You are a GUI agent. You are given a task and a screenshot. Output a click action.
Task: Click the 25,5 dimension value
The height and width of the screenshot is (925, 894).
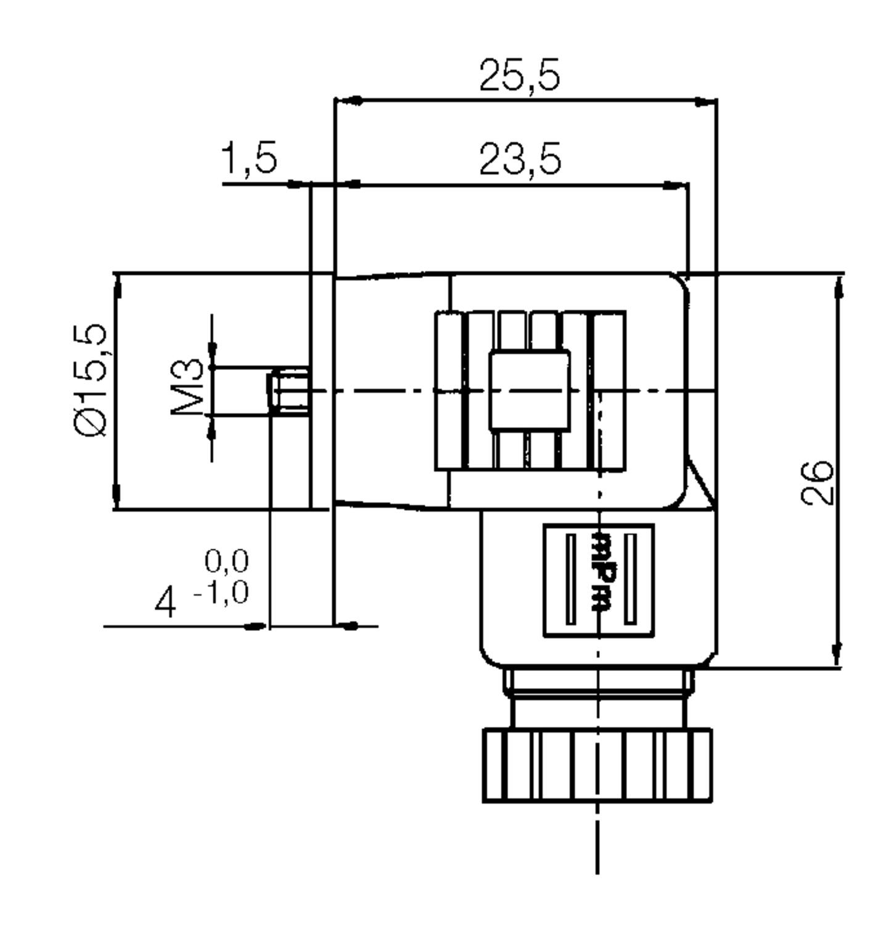[520, 76]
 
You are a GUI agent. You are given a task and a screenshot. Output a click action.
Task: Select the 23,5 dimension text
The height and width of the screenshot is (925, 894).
[520, 159]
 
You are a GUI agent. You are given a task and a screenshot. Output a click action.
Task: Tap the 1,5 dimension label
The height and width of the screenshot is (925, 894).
[249, 158]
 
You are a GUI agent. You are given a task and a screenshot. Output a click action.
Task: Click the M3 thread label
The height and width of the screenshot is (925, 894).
[187, 387]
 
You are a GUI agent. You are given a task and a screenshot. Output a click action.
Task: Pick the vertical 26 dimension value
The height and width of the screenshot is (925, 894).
[818, 482]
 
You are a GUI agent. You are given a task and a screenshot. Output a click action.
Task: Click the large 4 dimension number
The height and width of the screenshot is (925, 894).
[165, 603]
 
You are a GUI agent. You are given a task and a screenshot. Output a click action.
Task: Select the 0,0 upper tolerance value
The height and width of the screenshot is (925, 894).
[227, 561]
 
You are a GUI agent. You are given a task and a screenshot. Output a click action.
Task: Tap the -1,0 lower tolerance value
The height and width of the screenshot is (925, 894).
[222, 593]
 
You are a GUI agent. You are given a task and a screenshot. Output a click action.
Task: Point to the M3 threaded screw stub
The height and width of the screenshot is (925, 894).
[289, 391]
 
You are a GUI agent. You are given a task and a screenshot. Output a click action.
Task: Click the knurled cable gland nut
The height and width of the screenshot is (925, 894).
[597, 765]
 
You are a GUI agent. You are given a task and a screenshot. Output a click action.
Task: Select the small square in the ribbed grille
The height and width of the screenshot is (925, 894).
[529, 390]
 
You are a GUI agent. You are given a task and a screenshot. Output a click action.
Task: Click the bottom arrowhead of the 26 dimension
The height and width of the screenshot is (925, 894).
[837, 654]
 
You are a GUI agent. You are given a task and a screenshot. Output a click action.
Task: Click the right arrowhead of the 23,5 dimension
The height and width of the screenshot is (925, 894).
[675, 184]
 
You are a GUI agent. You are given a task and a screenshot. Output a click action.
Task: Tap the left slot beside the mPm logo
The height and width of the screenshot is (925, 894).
[571, 579]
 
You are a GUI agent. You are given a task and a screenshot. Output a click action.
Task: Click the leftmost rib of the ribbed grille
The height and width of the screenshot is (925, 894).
[448, 390]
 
